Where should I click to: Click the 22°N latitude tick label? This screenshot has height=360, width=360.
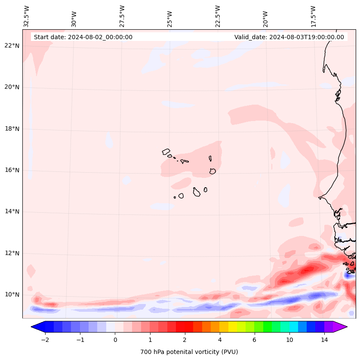coord(12,46)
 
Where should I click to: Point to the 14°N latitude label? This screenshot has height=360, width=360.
coord(12,211)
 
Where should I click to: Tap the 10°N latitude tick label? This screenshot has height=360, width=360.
coord(12,295)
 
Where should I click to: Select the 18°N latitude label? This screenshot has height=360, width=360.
coord(12,129)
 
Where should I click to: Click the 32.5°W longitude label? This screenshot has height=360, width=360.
coord(27,16)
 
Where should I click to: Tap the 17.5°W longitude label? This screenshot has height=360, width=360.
coord(314,16)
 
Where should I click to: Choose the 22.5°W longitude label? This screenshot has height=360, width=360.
coord(218,16)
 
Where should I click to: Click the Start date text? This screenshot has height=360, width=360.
coord(83,37)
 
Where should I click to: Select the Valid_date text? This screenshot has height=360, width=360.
coord(289,37)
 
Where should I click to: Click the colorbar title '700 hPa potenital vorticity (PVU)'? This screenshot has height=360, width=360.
coord(189,352)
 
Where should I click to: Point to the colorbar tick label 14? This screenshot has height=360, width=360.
coord(324,340)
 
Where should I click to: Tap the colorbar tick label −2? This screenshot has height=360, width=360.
coord(45,340)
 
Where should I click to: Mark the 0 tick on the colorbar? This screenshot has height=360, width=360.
coord(115,340)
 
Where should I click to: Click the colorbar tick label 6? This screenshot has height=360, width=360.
coord(255,340)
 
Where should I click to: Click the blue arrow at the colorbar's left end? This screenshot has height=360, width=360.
coord(37,327)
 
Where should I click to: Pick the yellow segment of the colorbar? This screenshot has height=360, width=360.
coord(233,327)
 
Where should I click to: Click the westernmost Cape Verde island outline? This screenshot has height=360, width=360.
coord(166,152)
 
